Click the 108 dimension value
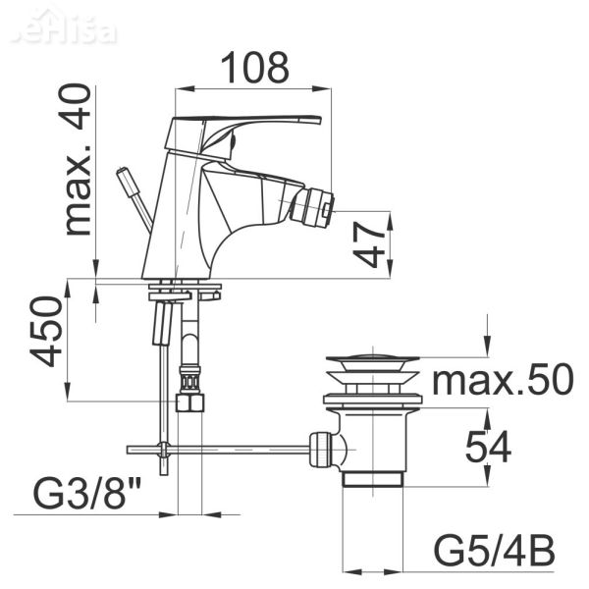pyautogui.click(x=253, y=67)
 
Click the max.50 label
pyautogui.click(x=501, y=380)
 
